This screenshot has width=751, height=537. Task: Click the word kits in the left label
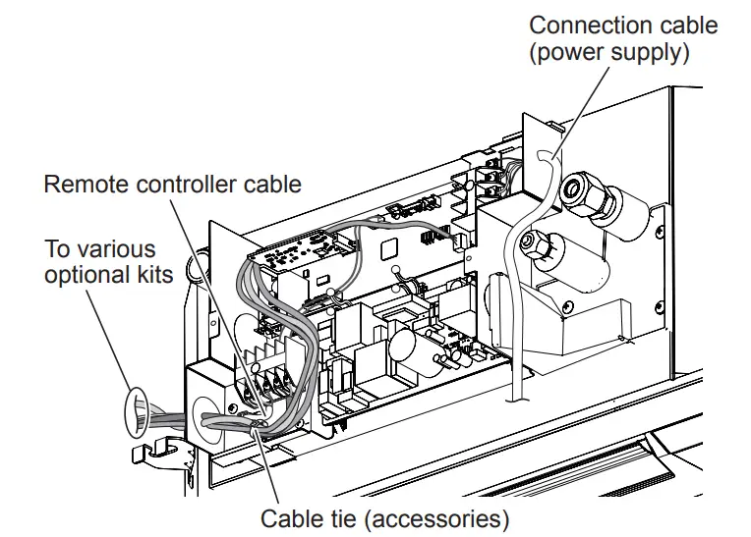coord(154,274)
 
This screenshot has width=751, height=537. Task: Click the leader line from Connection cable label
coord(580,108)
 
